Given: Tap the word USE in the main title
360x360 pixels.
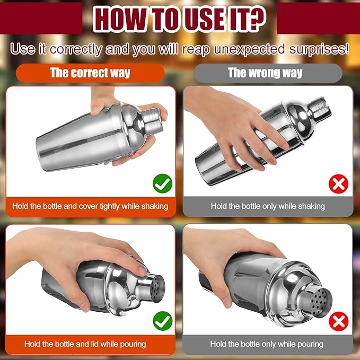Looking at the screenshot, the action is [205, 19].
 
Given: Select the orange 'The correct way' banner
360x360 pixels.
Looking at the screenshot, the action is [90, 73].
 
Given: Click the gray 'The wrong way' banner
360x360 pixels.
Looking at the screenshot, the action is [268, 73].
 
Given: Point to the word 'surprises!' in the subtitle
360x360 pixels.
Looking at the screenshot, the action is [319, 49].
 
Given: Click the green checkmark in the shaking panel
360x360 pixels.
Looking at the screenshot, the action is [163, 183].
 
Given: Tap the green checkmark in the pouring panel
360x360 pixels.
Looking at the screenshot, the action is [163, 321].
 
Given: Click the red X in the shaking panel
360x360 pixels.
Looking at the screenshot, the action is [338, 183].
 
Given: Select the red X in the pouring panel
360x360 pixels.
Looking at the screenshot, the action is [339, 321].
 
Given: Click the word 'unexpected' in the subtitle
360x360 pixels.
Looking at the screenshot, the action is [249, 49].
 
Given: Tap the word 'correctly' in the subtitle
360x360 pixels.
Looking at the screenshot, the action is [76, 49].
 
